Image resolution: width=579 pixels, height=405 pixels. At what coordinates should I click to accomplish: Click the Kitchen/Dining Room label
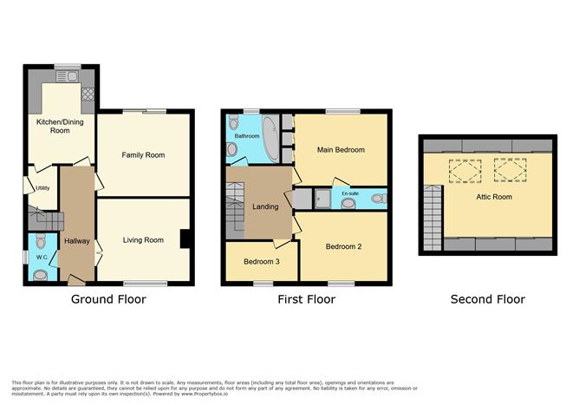[53, 127]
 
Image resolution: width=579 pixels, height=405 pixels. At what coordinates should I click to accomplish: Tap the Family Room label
[143, 155]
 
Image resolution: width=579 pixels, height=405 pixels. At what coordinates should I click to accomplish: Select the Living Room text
[142, 240]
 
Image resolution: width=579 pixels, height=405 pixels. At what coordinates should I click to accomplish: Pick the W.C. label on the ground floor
[40, 257]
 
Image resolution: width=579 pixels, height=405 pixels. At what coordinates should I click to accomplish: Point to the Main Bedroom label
[341, 149]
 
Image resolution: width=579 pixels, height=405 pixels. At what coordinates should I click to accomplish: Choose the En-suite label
[350, 193]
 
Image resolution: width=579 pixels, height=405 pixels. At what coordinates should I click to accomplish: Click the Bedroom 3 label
[261, 262]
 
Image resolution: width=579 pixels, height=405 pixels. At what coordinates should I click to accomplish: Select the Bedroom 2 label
[343, 247]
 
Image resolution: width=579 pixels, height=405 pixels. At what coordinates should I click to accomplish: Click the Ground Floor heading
[108, 299]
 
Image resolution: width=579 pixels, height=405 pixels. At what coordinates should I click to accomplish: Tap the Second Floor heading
[487, 299]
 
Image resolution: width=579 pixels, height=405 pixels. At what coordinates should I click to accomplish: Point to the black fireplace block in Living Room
[185, 238]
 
